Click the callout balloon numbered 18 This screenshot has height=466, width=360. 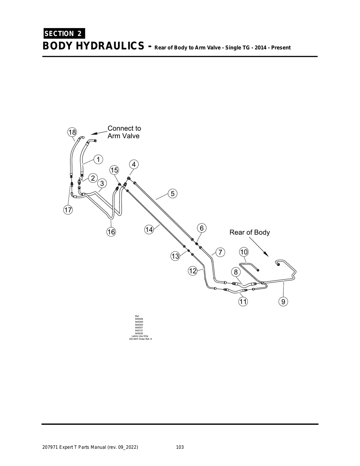click(72, 132)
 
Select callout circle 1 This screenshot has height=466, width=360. click(98, 159)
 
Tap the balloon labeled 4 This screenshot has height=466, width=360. click(134, 164)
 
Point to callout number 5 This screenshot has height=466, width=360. click(173, 193)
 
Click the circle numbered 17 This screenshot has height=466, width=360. click(67, 210)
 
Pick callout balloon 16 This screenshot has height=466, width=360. click(111, 232)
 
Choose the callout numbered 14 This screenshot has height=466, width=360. click(149, 229)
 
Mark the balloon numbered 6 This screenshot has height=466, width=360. click(201, 228)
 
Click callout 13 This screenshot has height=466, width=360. click(175, 256)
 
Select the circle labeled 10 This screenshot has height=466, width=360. click(244, 252)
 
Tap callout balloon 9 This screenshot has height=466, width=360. click(283, 301)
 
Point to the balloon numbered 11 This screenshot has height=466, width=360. click(243, 301)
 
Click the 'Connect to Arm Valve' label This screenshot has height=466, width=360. click(124, 132)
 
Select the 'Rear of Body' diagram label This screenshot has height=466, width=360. click(250, 232)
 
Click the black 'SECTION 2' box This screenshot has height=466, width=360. click(64, 34)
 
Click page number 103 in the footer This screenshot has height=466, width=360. click(180, 447)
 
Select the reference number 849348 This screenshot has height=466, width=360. click(139, 319)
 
